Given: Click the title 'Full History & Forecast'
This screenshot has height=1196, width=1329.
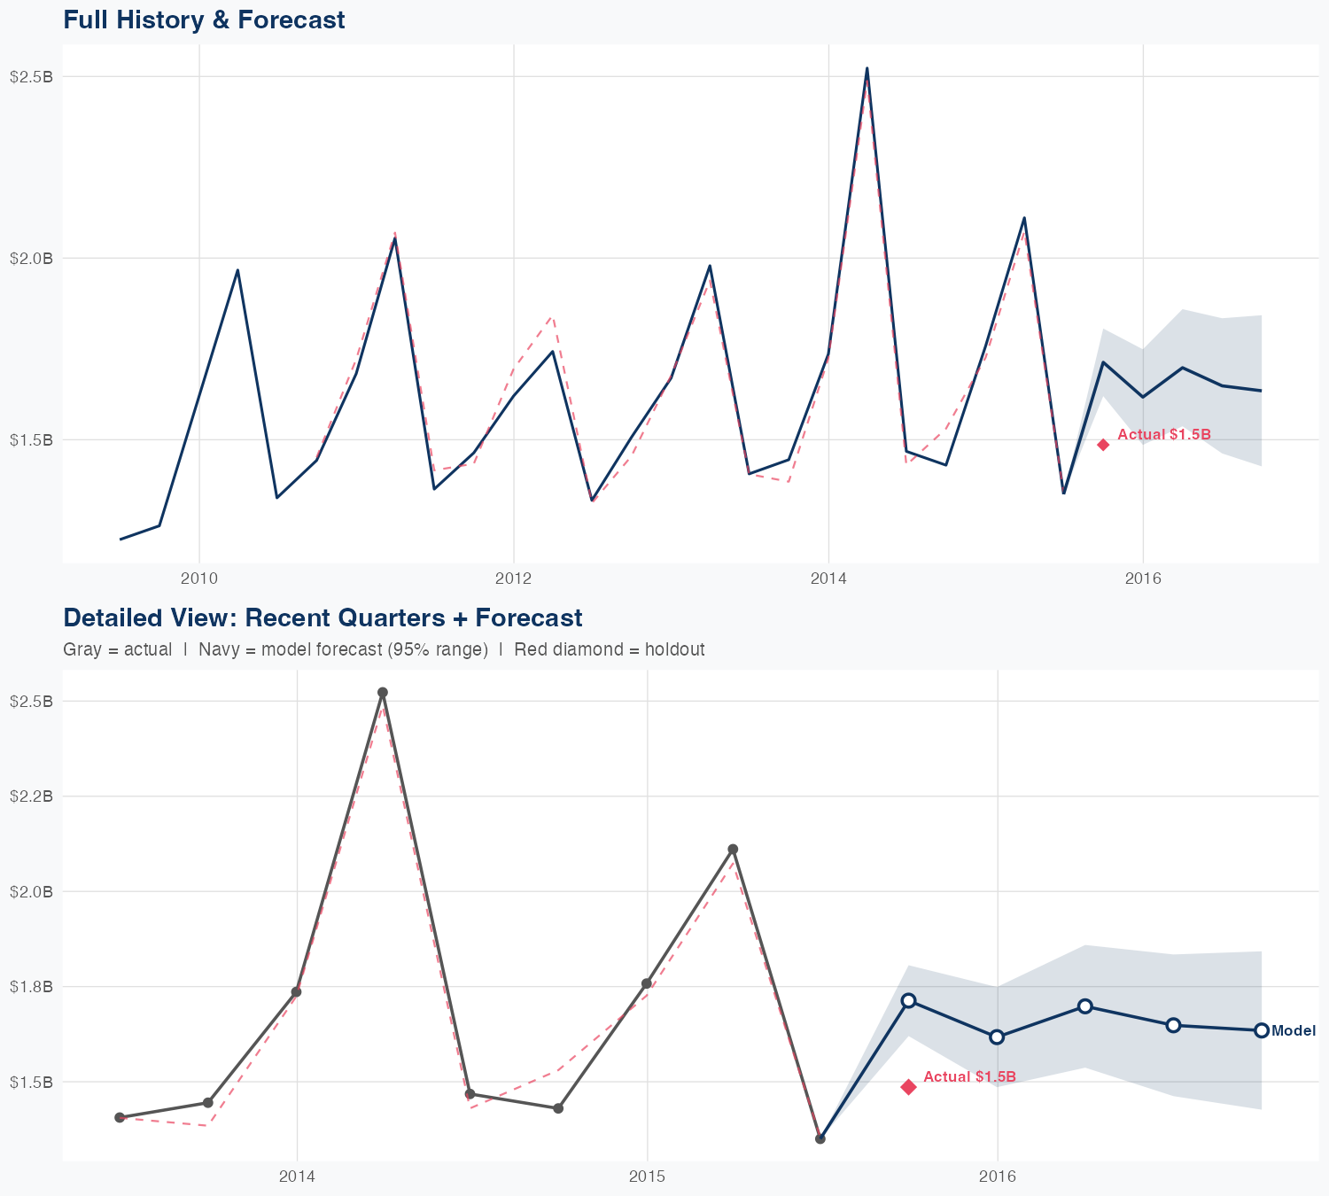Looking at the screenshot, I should pyautogui.click(x=204, y=19).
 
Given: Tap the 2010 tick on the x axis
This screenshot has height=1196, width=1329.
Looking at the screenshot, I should pyautogui.click(x=198, y=579).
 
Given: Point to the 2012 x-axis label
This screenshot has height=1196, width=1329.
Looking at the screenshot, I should pyautogui.click(x=513, y=579).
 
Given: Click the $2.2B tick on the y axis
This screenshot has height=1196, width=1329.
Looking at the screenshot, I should pyautogui.click(x=31, y=796).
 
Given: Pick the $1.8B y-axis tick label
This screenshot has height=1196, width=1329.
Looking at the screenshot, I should pyautogui.click(x=31, y=986).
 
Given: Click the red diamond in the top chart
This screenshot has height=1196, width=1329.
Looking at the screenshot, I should pyautogui.click(x=1103, y=445).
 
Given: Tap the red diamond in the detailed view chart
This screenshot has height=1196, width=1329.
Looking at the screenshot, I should pyautogui.click(x=909, y=1087).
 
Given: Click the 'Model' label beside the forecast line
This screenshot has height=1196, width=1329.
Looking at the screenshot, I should pyautogui.click(x=1294, y=1031).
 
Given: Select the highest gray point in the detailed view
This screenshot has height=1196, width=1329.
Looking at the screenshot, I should pyautogui.click(x=383, y=693).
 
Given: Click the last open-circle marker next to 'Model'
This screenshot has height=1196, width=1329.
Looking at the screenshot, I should pyautogui.click(x=1262, y=1030).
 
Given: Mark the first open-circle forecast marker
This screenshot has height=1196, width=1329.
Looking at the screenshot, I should pyautogui.click(x=909, y=1000).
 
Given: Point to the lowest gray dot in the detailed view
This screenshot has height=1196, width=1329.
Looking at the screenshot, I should pyautogui.click(x=820, y=1138).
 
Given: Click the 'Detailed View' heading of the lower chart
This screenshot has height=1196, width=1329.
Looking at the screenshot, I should pyautogui.click(x=323, y=617).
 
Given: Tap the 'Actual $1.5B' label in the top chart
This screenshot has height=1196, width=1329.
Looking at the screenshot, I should pyautogui.click(x=1163, y=435).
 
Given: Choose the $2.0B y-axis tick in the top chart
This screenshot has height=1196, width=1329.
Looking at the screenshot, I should pyautogui.click(x=31, y=259).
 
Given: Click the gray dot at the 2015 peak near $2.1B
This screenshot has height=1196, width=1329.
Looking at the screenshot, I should pyautogui.click(x=733, y=850).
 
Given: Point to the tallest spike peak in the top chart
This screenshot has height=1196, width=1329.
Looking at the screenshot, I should pyautogui.click(x=867, y=68).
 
